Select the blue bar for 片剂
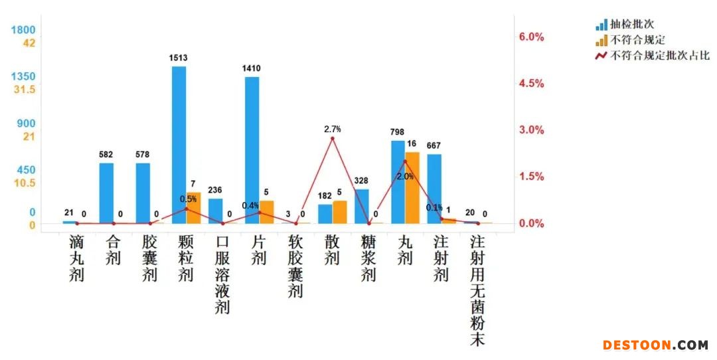pos(252,150)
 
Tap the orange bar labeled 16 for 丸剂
pos(412,188)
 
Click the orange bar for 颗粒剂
pos(193,208)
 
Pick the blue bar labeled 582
pos(106,193)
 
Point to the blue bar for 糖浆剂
pos(361,207)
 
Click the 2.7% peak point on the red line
pos(333,138)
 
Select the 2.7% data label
pos(333,128)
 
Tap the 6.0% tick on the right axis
pos(531,37)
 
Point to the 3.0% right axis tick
pos(531,130)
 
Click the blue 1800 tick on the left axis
pos(23,30)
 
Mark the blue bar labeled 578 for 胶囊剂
pos(143,193)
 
